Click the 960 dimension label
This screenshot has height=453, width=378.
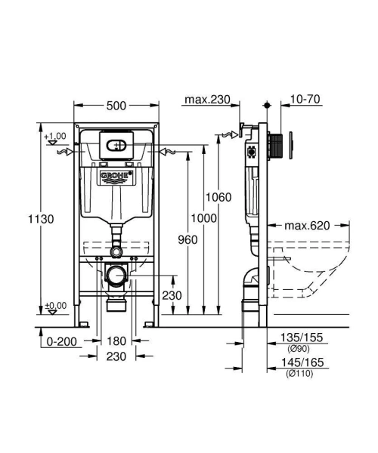point(189,239)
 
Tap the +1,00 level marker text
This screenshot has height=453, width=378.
point(54,136)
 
